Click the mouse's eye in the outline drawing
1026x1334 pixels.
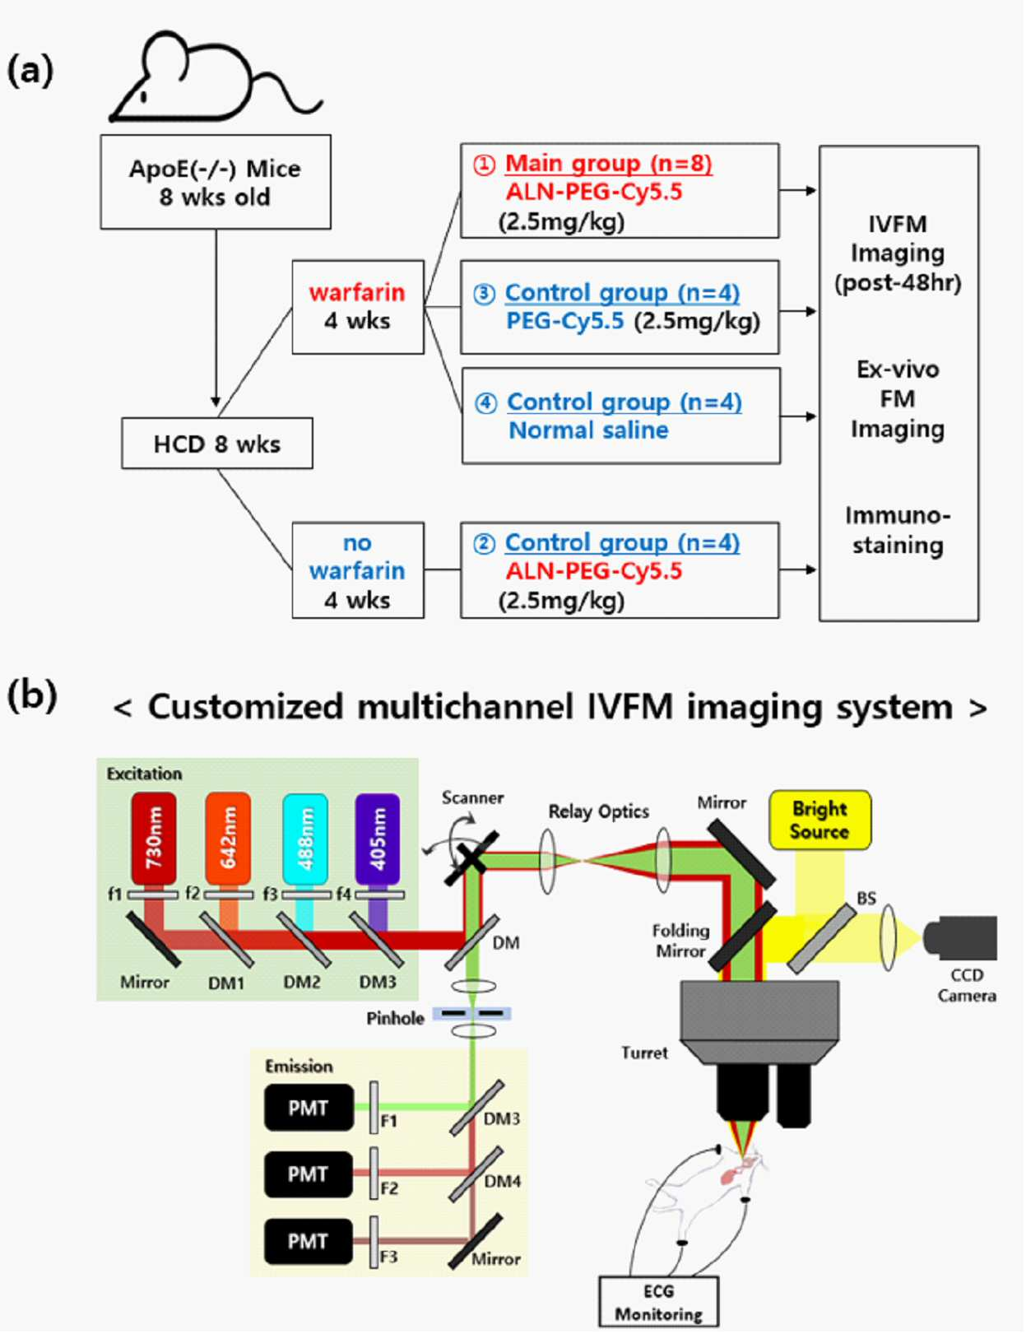[x=144, y=95]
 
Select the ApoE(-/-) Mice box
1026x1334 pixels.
[x=216, y=183]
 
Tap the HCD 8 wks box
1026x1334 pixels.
[x=217, y=444]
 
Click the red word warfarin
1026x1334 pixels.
[x=357, y=292]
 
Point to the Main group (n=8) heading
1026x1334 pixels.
[x=608, y=163]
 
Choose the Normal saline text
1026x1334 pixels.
[x=588, y=430]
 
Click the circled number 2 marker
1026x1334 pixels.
[x=484, y=543]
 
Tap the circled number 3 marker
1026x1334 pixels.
[x=484, y=294]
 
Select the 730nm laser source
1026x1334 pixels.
[x=153, y=839]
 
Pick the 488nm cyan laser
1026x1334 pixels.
[x=305, y=839]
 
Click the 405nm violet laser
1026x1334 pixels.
[x=378, y=839]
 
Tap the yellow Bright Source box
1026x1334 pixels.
[x=819, y=820]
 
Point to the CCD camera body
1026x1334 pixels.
[x=961, y=937]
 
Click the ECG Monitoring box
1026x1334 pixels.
[x=658, y=1302]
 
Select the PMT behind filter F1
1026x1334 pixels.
[x=309, y=1108]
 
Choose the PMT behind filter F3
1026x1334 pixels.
[x=309, y=1241]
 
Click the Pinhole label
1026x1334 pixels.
[x=395, y=1019]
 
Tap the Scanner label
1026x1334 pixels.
[x=472, y=797]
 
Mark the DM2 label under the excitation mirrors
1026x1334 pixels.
[x=302, y=983]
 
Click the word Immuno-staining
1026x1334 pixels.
[x=898, y=530]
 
